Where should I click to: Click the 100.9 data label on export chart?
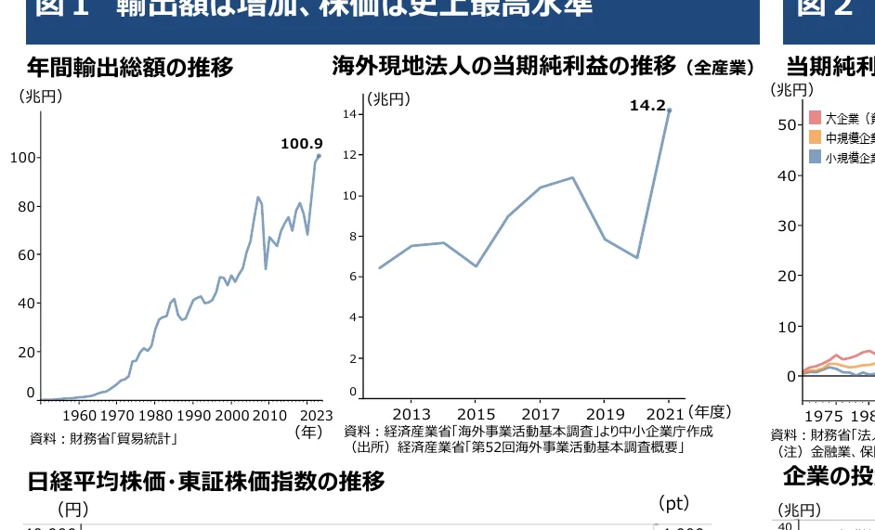302,144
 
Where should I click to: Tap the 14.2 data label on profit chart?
647,106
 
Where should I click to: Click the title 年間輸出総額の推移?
130,68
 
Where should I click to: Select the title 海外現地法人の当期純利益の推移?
504,66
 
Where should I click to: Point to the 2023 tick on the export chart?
317,415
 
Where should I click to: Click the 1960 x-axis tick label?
81,415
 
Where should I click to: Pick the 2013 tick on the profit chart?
411,414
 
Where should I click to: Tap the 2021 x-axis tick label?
666,414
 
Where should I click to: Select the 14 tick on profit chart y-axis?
350,114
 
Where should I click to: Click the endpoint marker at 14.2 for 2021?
669,110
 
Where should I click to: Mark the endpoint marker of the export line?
319,156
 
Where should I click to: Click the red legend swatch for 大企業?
815,118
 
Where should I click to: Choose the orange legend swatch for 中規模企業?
815,137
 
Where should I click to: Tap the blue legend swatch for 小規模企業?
815,157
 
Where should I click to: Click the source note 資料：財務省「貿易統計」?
104,438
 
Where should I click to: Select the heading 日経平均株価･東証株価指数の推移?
205,482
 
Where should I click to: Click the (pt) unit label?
673,503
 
